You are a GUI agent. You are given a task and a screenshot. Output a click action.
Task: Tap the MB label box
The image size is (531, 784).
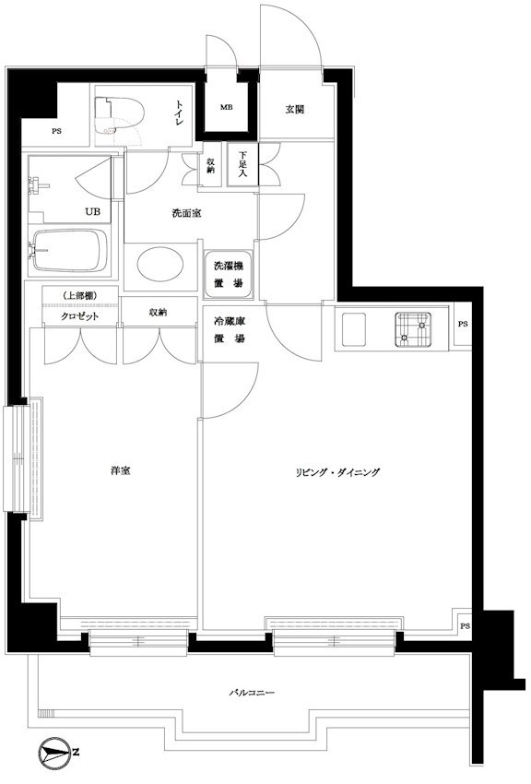click(226, 107)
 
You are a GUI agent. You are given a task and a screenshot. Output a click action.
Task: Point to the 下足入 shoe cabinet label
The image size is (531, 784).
click(243, 162)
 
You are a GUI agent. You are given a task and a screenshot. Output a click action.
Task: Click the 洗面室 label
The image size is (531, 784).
click(186, 213)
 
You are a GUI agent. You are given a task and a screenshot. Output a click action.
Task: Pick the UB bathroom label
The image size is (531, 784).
click(93, 211)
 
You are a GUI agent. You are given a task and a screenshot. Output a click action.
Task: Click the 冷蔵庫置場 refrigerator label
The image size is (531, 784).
click(229, 329)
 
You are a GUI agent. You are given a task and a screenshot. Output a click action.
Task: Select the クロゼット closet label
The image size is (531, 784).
click(80, 314)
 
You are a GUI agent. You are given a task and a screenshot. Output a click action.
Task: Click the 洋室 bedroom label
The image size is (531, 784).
click(119, 471)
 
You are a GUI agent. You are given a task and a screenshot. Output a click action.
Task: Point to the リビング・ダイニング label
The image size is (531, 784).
click(337, 472)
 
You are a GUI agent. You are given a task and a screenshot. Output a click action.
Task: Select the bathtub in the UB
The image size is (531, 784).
click(69, 250)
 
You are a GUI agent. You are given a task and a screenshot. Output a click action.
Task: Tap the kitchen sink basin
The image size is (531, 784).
click(413, 328)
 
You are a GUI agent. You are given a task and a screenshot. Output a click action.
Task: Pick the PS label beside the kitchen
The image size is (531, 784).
click(462, 324)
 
